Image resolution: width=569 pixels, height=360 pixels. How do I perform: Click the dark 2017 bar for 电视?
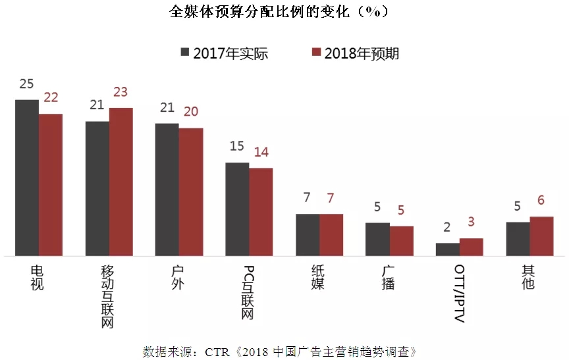[27, 178]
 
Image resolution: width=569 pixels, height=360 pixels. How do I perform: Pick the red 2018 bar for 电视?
[51, 185]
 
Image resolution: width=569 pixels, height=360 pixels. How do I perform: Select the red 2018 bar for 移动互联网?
[121, 182]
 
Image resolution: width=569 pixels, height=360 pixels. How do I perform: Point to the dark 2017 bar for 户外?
[167, 190]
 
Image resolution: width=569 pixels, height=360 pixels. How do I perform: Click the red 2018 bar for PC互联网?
[261, 212]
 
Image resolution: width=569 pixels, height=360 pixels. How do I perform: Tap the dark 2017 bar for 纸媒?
[308, 235]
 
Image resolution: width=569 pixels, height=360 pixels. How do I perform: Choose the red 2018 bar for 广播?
[402, 241]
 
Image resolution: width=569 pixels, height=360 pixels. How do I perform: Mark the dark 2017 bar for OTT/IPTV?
[448, 249]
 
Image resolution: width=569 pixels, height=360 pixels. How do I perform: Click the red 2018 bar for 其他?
[541, 236]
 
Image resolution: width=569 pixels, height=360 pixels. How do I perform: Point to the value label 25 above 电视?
[27, 84]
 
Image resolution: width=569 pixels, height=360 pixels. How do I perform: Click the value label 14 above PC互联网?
[261, 153]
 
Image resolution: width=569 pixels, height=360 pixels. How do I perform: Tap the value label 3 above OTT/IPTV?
[472, 223]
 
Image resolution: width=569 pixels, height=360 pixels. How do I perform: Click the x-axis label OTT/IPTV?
[459, 294]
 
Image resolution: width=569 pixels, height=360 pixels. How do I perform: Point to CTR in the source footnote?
[216, 350]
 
